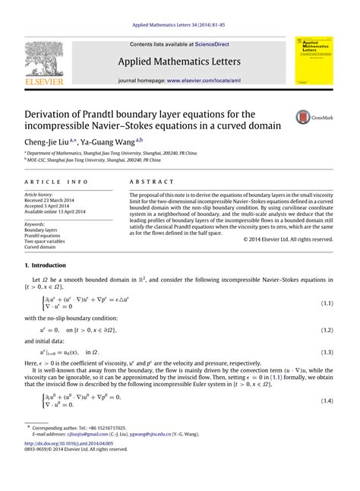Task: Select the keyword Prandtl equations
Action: coord(44,236)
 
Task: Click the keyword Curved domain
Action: coord(42,247)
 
